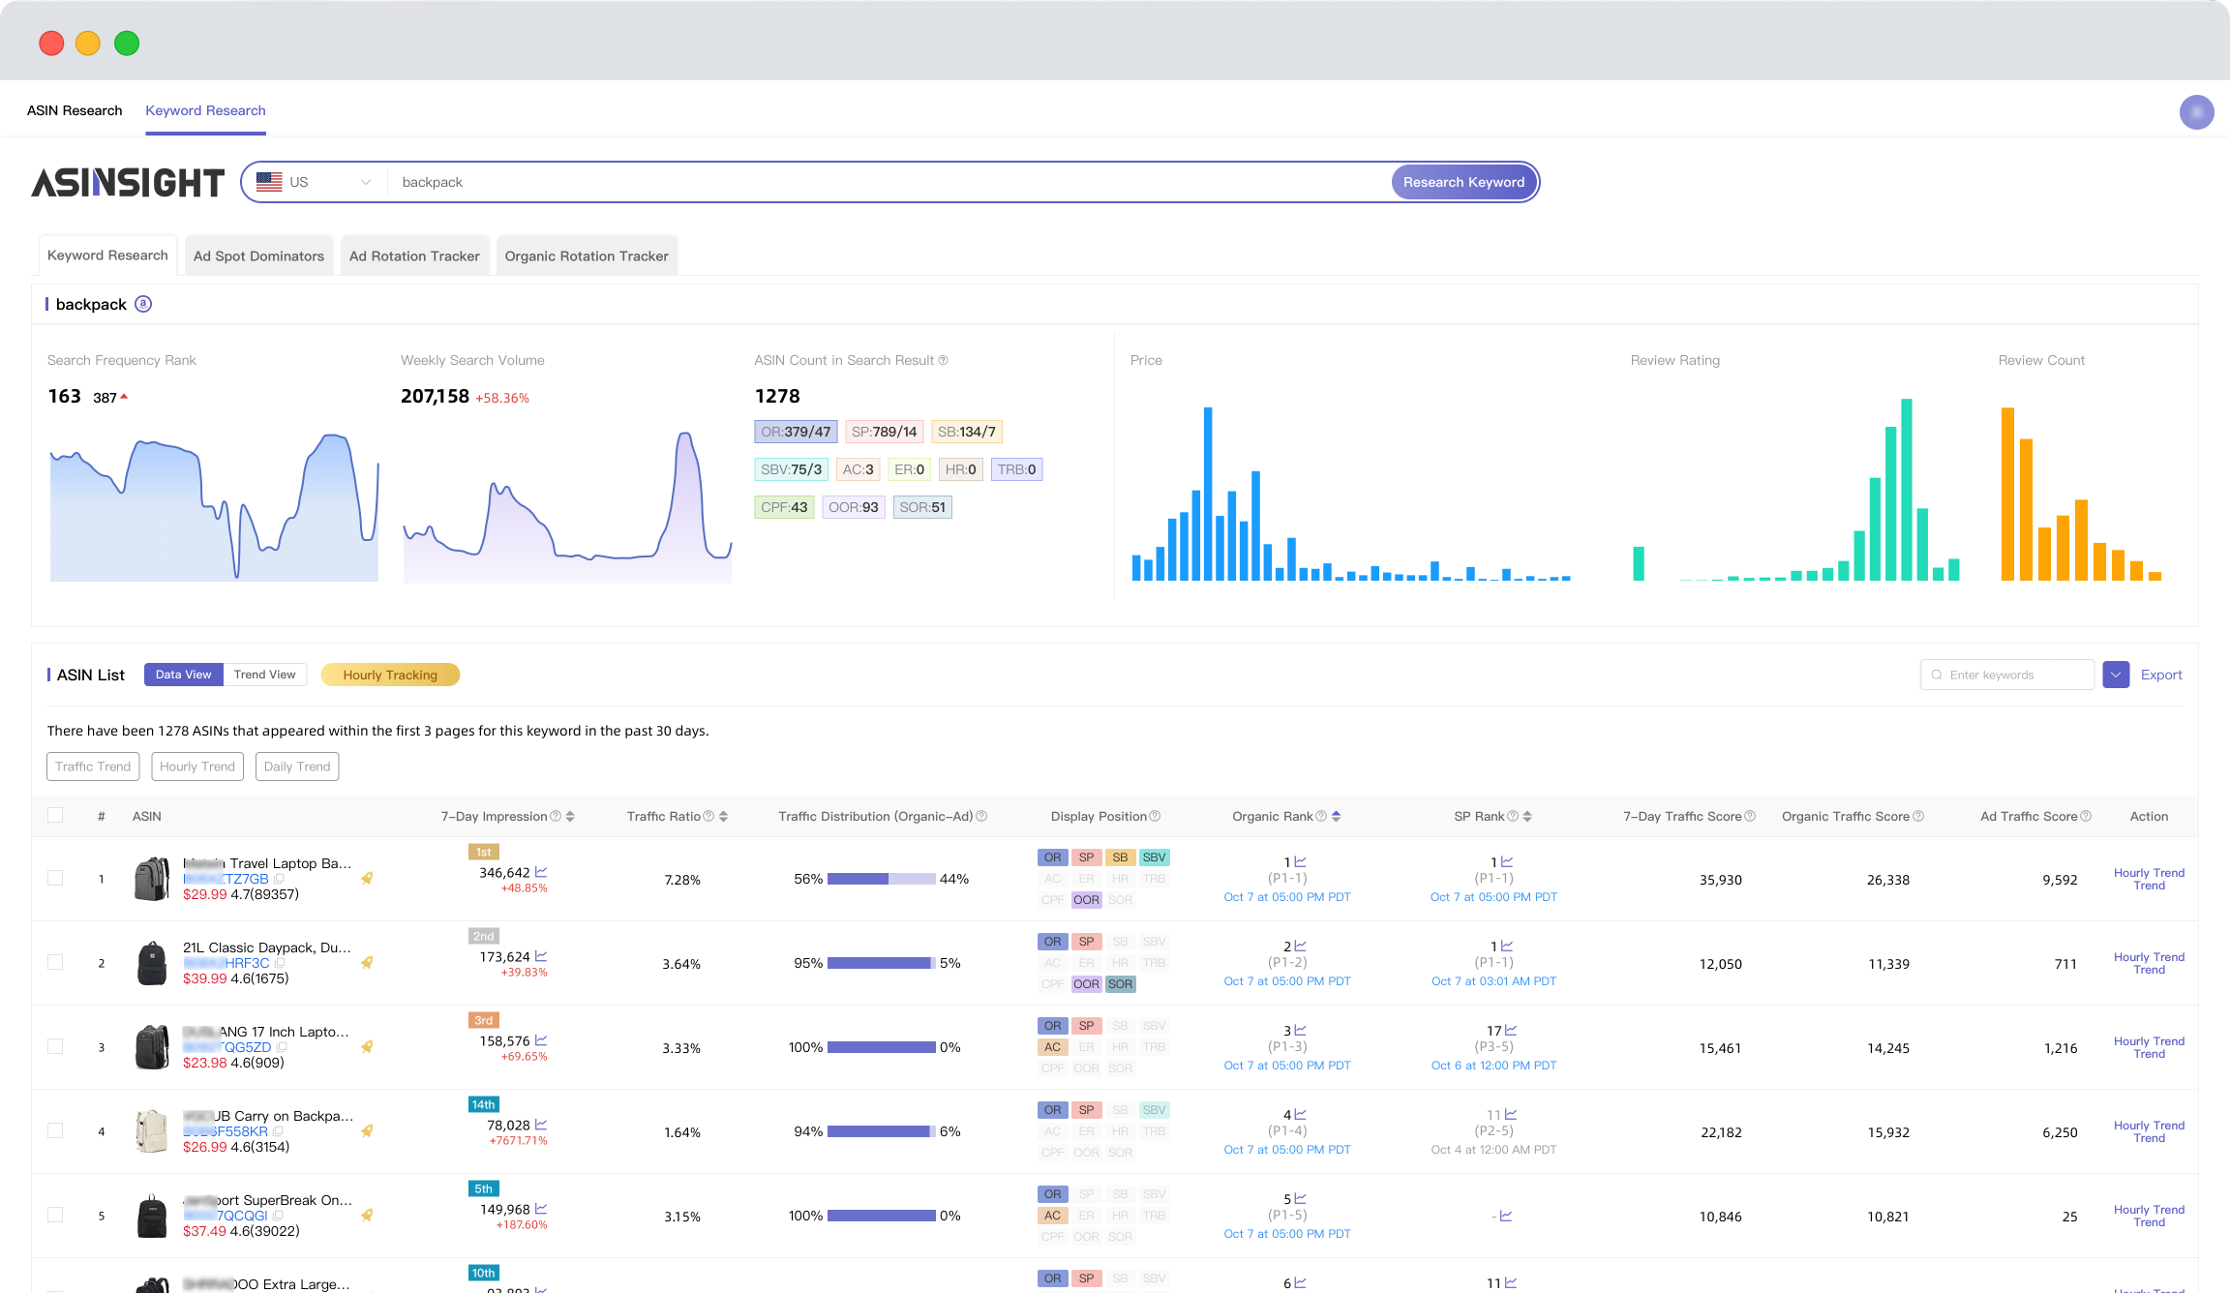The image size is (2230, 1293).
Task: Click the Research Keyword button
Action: [x=1462, y=182]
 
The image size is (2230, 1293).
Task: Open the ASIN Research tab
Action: [x=75, y=110]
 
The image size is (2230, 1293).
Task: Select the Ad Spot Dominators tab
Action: [x=258, y=256]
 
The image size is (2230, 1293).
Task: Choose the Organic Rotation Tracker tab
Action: [x=586, y=256]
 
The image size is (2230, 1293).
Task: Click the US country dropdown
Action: [x=314, y=182]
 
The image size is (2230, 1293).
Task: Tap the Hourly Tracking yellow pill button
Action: [x=390, y=675]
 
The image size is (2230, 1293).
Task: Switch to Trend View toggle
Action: [x=264, y=675]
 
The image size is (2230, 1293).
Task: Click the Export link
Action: [x=2160, y=675]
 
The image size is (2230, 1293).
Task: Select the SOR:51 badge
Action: [x=921, y=507]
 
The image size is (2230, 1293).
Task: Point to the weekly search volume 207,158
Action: [x=435, y=396]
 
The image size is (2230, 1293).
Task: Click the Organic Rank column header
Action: [x=1272, y=816]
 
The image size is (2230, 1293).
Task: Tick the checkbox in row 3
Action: [x=55, y=1046]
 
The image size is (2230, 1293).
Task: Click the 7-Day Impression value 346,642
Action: [x=504, y=872]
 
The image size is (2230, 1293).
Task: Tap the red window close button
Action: [x=51, y=44]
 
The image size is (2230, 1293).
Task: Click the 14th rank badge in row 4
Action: [x=483, y=1104]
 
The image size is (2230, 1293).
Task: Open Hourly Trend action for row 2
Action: [x=2149, y=963]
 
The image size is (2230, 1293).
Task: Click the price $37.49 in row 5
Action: [x=204, y=1231]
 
